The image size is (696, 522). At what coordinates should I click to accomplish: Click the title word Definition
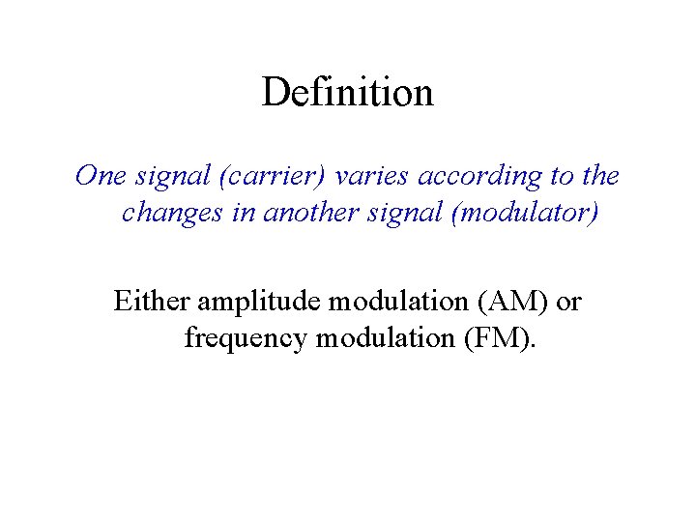pyautogui.click(x=347, y=93)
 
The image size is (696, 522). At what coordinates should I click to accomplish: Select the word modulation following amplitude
pyautogui.click(x=398, y=302)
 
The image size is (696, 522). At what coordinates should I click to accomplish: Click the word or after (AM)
pyautogui.click(x=569, y=303)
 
